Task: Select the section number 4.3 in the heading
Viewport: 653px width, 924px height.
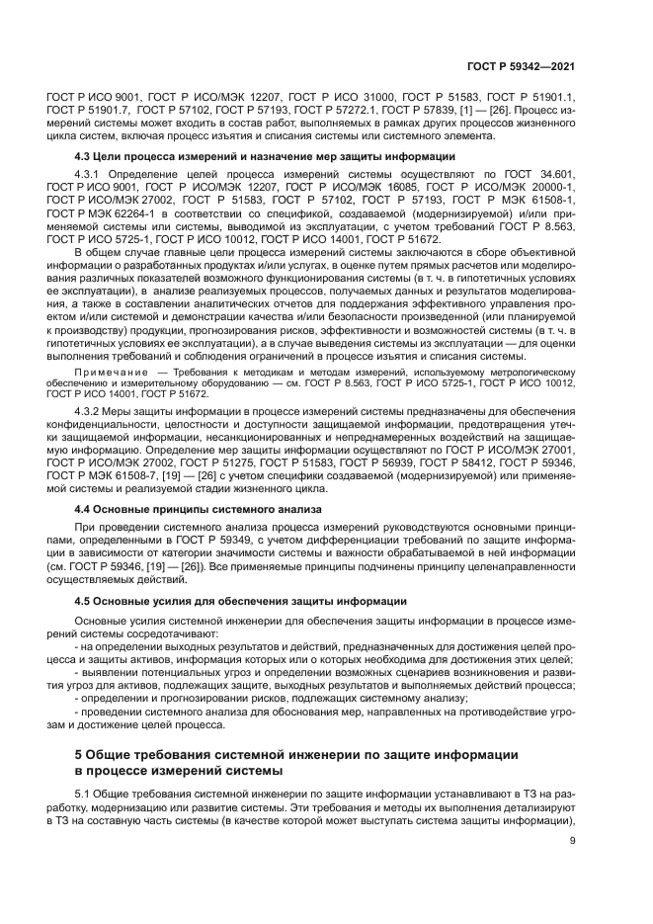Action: pos(85,157)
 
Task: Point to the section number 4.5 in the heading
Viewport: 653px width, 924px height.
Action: pos(85,601)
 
